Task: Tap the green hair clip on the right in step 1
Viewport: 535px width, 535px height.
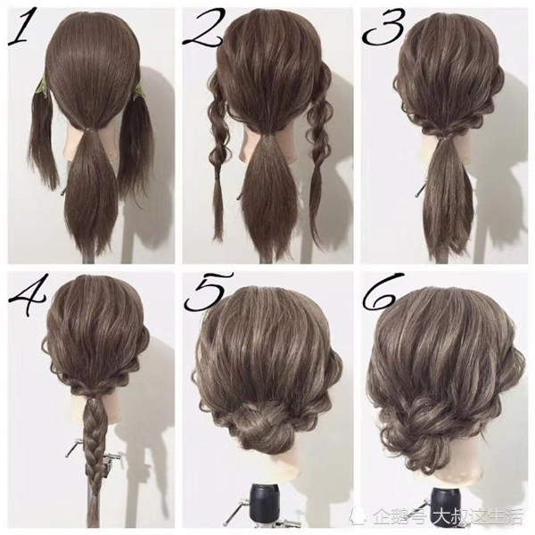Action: pos(138,92)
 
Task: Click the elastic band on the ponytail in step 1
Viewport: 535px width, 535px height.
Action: pos(90,129)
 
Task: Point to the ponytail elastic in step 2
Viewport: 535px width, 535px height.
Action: pos(272,134)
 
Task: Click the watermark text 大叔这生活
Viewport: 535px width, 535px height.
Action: pos(478,516)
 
